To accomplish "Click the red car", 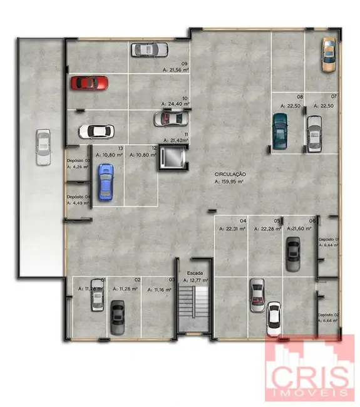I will click(x=88, y=83).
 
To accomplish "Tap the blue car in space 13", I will click(x=106, y=182).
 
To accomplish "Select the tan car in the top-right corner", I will click(x=329, y=54).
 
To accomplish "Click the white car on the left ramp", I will click(x=43, y=147).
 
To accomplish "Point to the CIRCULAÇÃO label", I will click(x=230, y=174).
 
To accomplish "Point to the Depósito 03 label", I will click(x=79, y=161).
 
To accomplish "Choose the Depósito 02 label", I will click(x=328, y=314).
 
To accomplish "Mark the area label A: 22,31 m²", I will click(x=232, y=229).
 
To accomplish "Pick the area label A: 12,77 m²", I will click(x=195, y=281).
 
